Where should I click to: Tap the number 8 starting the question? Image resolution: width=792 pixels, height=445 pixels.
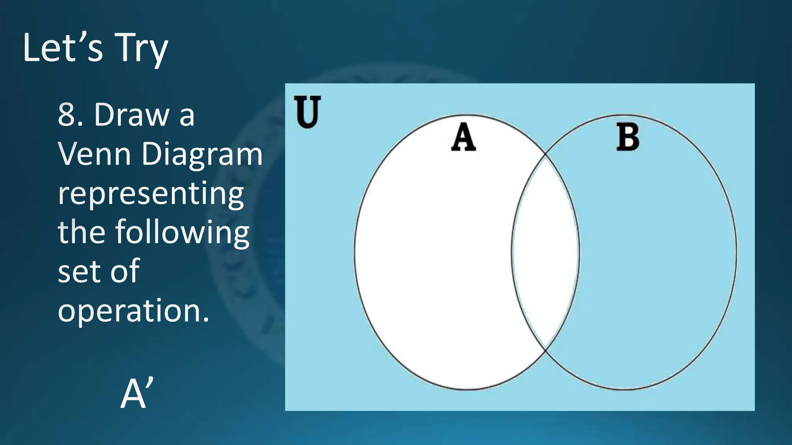(67, 115)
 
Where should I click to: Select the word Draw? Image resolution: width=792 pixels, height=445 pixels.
(131, 115)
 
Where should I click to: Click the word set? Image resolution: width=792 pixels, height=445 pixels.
(79, 271)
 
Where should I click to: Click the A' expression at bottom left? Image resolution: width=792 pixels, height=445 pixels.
(137, 394)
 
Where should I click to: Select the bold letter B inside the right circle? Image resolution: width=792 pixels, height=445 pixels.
(627, 138)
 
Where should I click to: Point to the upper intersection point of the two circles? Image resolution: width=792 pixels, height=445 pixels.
(546, 155)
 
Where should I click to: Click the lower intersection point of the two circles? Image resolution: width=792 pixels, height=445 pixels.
(546, 350)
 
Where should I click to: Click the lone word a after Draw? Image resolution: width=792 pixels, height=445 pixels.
(186, 115)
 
